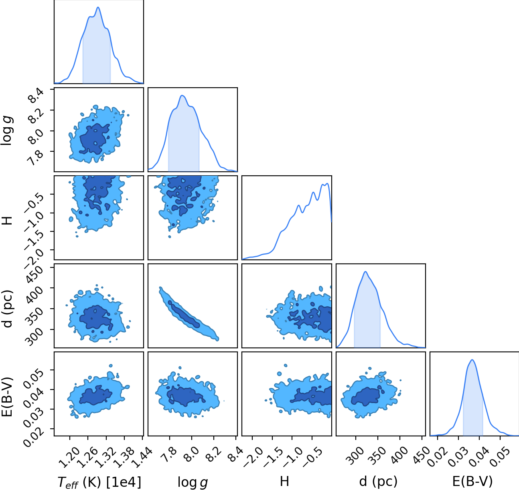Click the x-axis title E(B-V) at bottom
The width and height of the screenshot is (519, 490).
click(472, 481)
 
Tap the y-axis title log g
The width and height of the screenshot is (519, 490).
click(6, 131)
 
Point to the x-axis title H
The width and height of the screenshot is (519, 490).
click(284, 481)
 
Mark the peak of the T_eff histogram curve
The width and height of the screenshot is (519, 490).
click(98, 7)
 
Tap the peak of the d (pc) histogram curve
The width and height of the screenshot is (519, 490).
click(365, 271)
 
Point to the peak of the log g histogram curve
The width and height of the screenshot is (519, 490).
click(182, 95)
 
